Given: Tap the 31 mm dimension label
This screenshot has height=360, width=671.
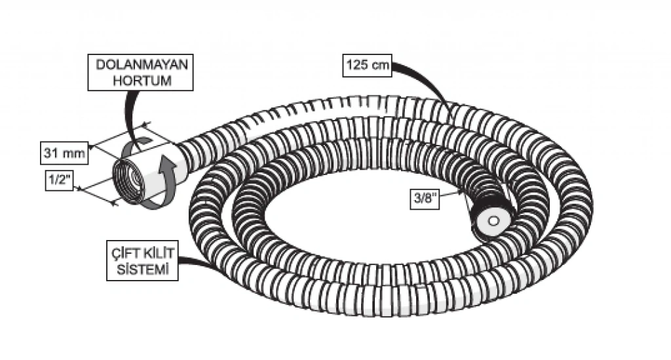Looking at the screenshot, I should click(64, 153).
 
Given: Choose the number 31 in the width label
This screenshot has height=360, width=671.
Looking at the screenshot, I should click(52, 153).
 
